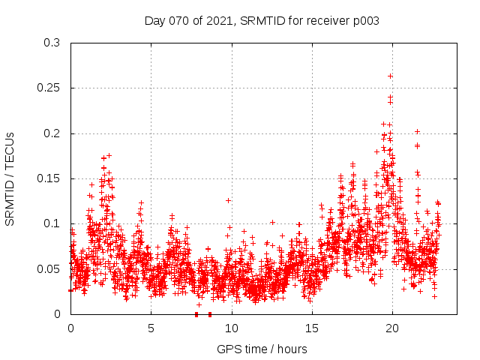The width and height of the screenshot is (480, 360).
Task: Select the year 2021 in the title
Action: (x=220, y=21)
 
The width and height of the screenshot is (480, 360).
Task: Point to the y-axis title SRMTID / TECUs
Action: (x=10, y=178)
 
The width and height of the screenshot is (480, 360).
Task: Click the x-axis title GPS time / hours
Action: (x=262, y=349)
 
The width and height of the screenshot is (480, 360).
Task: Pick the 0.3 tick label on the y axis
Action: (x=52, y=43)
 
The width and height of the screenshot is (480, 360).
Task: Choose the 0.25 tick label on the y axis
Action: (x=49, y=88)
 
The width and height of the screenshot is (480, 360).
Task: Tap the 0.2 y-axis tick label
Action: (x=52, y=133)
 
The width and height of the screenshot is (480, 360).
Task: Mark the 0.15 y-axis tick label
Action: (x=49, y=178)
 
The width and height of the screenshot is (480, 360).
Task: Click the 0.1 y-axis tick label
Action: (x=52, y=223)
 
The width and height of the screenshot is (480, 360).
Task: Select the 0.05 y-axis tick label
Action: (x=49, y=268)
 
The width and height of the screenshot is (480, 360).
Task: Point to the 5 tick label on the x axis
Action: (x=151, y=328)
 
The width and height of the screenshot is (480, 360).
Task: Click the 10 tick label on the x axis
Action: (x=231, y=328)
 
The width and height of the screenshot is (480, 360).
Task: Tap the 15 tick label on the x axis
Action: (x=311, y=328)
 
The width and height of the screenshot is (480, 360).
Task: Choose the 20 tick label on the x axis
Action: (x=391, y=328)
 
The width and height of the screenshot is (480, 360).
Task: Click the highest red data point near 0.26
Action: (x=390, y=76)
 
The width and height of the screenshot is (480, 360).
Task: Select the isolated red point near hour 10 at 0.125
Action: (x=228, y=200)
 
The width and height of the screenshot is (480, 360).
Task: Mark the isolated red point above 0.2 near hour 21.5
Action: (x=417, y=131)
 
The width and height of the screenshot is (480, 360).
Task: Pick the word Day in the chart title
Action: (x=154, y=21)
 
